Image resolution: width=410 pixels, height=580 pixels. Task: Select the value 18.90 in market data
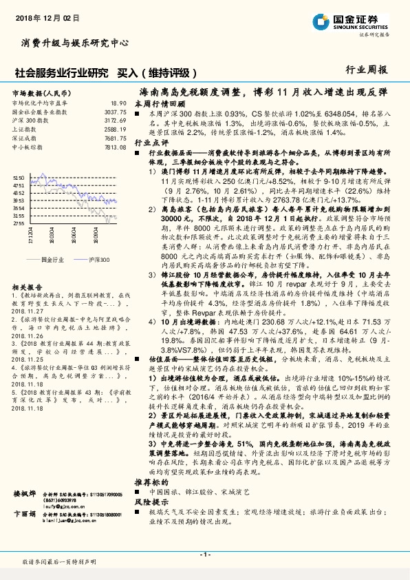[x=119, y=103]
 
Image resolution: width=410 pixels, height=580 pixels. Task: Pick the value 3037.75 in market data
[x=116, y=112]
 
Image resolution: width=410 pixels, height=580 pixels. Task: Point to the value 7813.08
[x=116, y=147]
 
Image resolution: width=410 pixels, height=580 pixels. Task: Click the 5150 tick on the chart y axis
[x=19, y=177]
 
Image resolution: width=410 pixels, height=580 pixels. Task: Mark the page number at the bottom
[x=204, y=555]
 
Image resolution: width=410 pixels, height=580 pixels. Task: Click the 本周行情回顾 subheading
[x=162, y=101]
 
